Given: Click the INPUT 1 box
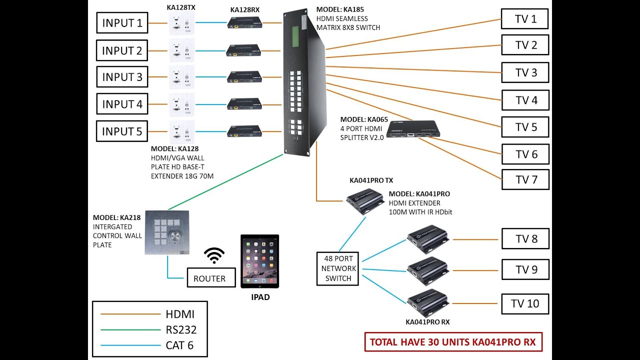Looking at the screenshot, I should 122,23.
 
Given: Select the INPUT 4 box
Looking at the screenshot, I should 122,104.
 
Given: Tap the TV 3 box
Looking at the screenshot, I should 525,73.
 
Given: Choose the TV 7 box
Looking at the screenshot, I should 525,180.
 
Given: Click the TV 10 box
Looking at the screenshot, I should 525,303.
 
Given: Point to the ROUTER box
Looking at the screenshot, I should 209,278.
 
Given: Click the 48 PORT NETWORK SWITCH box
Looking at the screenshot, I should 338,268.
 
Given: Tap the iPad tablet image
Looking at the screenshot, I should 259,261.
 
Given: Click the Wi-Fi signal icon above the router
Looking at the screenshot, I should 214,255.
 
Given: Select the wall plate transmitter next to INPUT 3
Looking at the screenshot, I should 181,77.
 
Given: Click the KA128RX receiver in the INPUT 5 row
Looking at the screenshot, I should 244,131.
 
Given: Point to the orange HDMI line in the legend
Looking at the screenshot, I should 129,314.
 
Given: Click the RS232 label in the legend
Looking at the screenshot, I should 181,329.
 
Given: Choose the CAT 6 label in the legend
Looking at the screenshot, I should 179,344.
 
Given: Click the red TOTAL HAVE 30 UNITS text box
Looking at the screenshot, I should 452,342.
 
